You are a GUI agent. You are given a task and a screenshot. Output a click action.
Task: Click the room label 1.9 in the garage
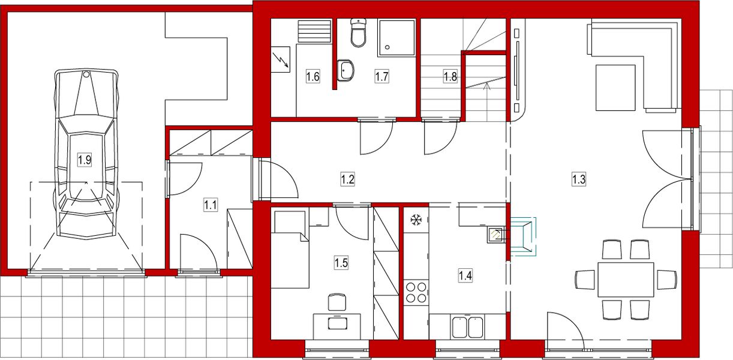point(85,160)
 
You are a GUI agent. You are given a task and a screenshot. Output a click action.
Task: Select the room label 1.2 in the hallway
point(347,179)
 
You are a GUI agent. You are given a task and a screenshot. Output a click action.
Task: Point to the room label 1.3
point(578,179)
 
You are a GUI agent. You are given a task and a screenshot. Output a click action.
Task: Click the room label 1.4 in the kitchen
point(465,276)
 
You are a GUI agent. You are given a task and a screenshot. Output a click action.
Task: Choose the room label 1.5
point(341,262)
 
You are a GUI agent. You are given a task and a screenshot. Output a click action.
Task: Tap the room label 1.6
point(312,76)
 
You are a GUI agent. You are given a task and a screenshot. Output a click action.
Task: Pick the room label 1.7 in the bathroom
point(382,76)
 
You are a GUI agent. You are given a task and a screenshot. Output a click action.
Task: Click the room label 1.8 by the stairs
point(450,76)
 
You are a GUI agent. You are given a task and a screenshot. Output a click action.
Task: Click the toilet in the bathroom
point(358,34)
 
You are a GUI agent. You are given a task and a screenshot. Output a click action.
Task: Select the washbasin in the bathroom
point(346,70)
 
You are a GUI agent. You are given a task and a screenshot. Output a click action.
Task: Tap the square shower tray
point(396,38)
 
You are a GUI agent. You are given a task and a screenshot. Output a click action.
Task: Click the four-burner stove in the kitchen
point(416,292)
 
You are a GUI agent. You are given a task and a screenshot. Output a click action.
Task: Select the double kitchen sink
point(468,328)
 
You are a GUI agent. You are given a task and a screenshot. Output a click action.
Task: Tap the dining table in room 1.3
point(626,280)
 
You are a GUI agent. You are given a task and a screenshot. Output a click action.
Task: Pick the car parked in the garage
point(86,153)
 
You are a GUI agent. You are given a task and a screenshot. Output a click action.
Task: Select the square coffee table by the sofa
point(615,88)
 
